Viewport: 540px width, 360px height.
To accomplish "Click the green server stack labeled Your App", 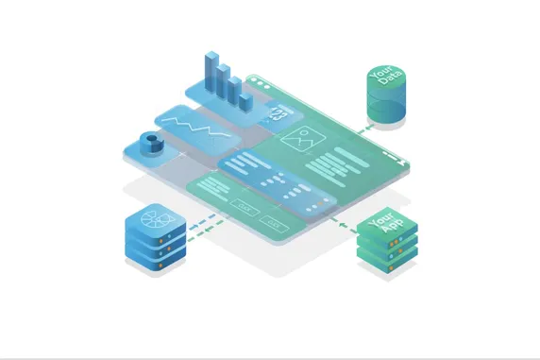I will click(x=386, y=241).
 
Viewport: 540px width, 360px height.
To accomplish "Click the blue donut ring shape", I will click(x=148, y=143).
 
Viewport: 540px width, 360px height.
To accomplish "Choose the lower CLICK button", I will click(x=274, y=223).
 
